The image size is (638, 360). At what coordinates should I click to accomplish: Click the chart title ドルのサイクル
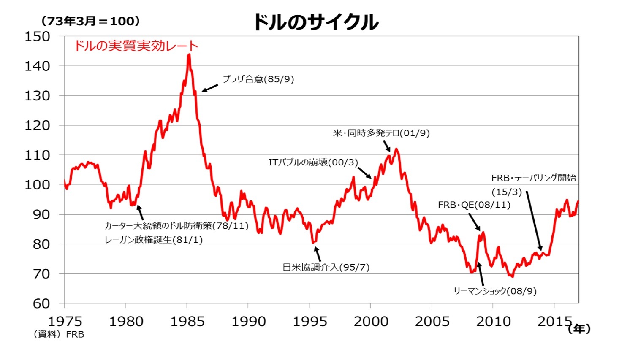coord(315,22)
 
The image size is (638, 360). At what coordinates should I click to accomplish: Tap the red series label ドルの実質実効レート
coord(136,46)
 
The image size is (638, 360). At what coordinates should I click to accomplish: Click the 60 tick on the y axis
coord(41,303)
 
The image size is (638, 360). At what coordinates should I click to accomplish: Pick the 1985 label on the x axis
coord(187,322)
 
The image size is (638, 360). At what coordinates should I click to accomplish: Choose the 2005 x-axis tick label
coord(432,322)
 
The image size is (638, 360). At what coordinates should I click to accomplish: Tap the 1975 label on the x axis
coord(65,322)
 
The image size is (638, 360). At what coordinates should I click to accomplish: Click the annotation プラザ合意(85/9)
coord(258,79)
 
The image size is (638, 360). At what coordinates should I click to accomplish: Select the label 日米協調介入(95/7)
coord(326,267)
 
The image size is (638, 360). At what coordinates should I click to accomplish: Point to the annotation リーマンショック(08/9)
coord(495,291)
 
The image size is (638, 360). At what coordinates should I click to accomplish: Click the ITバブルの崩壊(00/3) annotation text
coord(313,162)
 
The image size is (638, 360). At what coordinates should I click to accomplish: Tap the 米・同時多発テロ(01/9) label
coord(381,133)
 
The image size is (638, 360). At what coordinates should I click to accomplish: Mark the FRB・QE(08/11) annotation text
coord(474,205)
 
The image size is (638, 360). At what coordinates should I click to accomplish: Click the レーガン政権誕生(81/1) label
coord(153,240)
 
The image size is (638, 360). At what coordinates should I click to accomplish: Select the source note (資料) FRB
coord(59,335)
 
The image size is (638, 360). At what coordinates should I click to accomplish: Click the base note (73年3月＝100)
coord(90,21)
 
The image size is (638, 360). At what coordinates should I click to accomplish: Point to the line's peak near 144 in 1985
coord(189,55)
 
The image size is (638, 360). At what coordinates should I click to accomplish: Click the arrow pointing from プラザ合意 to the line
coord(210,88)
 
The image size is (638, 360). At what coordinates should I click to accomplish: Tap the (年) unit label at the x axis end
coord(579,329)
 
